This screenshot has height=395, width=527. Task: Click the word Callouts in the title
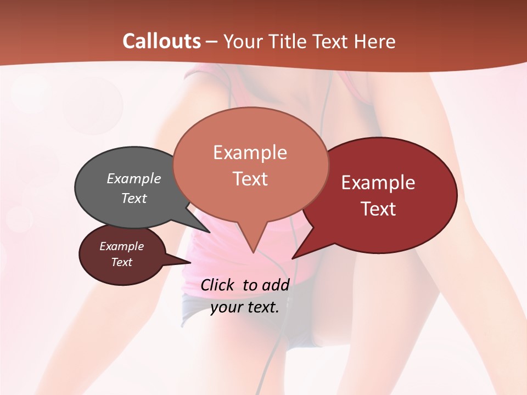161,41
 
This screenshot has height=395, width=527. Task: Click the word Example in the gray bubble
133,178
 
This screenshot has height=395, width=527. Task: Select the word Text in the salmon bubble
250,179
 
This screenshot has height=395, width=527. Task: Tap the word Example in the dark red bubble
378,183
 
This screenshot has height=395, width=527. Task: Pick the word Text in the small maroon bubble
122,262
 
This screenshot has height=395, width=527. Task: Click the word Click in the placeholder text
218,285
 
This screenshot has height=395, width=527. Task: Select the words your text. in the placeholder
245,307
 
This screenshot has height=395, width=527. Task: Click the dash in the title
212,41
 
